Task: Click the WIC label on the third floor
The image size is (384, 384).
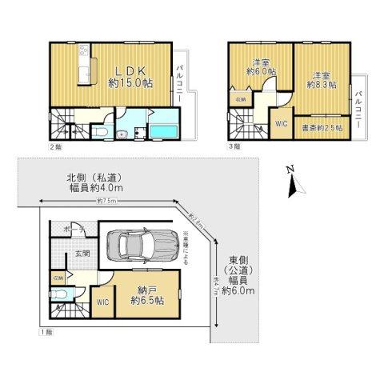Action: [x=281, y=125]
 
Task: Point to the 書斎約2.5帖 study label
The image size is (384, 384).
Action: [x=321, y=128]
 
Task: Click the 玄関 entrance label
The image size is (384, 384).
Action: [x=82, y=254]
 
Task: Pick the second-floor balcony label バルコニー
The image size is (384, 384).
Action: [x=182, y=80]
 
